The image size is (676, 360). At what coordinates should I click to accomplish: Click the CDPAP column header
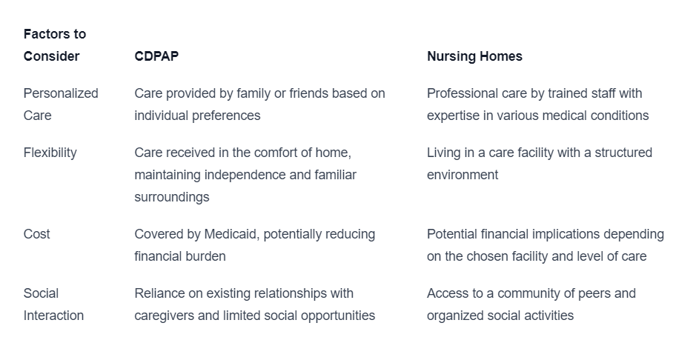[x=156, y=56]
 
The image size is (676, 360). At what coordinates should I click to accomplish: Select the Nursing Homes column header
[x=474, y=56]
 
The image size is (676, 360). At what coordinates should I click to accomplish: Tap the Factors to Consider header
[x=55, y=45]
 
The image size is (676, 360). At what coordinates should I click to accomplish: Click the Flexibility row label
[x=50, y=153]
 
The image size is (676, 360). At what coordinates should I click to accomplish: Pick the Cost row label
[x=36, y=234]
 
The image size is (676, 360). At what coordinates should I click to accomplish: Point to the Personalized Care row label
[x=61, y=104]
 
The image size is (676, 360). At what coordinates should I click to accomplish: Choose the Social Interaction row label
[x=53, y=304]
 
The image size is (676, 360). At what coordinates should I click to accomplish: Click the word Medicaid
[x=231, y=234]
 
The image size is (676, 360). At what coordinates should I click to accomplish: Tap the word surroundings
[x=171, y=198]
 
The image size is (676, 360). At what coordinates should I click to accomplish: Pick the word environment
[x=463, y=176]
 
